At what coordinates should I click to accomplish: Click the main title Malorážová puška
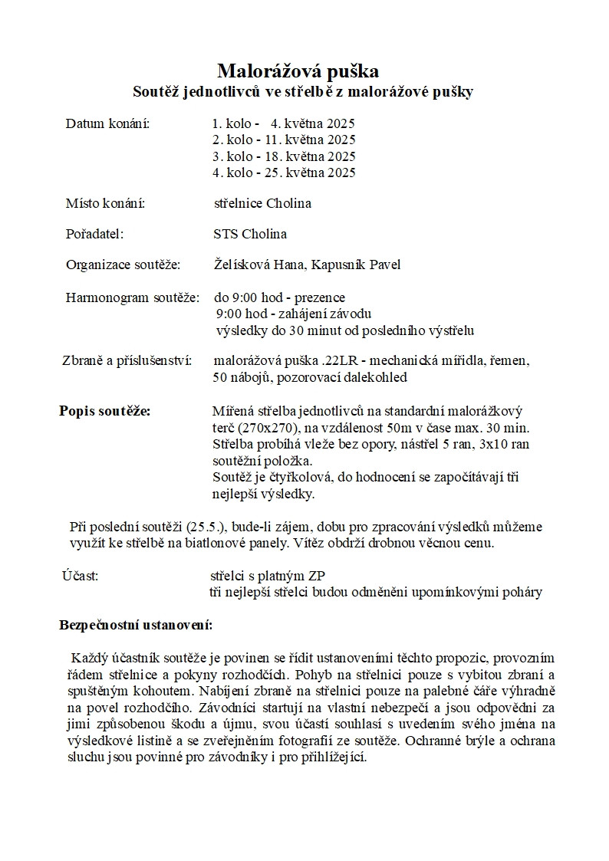(298, 71)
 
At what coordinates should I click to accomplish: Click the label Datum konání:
(107, 123)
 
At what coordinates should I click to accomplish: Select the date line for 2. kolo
(284, 140)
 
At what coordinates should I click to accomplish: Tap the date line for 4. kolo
(284, 173)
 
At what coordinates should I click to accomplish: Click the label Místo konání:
(105, 203)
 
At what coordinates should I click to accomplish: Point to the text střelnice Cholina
(262, 203)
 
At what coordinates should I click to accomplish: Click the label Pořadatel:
(94, 234)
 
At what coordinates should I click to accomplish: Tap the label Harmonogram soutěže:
(132, 297)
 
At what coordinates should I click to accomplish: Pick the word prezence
(319, 297)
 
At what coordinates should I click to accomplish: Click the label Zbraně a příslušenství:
(127, 360)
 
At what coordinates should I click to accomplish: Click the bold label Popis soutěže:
(104, 410)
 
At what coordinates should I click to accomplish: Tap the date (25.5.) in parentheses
(206, 527)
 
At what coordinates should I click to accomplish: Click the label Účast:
(80, 575)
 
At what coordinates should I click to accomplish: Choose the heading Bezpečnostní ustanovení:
(136, 625)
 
